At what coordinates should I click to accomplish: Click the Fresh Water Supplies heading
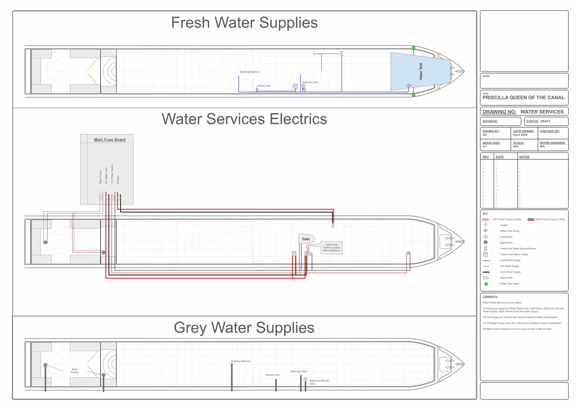click(244, 23)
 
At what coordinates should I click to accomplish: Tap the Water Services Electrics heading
click(244, 119)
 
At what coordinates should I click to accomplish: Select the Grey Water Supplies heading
click(244, 327)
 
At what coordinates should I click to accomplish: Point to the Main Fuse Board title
click(110, 140)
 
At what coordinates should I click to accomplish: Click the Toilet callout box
click(306, 239)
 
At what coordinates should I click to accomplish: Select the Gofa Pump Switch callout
click(331, 248)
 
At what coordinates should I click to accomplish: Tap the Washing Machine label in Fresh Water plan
click(249, 72)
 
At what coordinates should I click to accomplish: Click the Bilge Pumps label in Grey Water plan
click(75, 371)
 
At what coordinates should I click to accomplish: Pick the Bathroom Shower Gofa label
click(319, 382)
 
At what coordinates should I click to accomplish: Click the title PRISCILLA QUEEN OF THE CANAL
click(523, 98)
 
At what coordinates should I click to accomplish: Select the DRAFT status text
click(545, 121)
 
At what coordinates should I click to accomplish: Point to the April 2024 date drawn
click(520, 135)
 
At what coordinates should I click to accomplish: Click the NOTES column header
click(524, 157)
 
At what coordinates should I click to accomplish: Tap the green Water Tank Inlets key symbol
click(486, 284)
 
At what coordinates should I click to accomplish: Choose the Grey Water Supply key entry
click(510, 272)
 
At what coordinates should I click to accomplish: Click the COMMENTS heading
click(490, 297)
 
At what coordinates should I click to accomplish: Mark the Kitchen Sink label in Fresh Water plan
click(264, 86)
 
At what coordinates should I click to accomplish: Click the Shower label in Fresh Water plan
click(317, 54)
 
